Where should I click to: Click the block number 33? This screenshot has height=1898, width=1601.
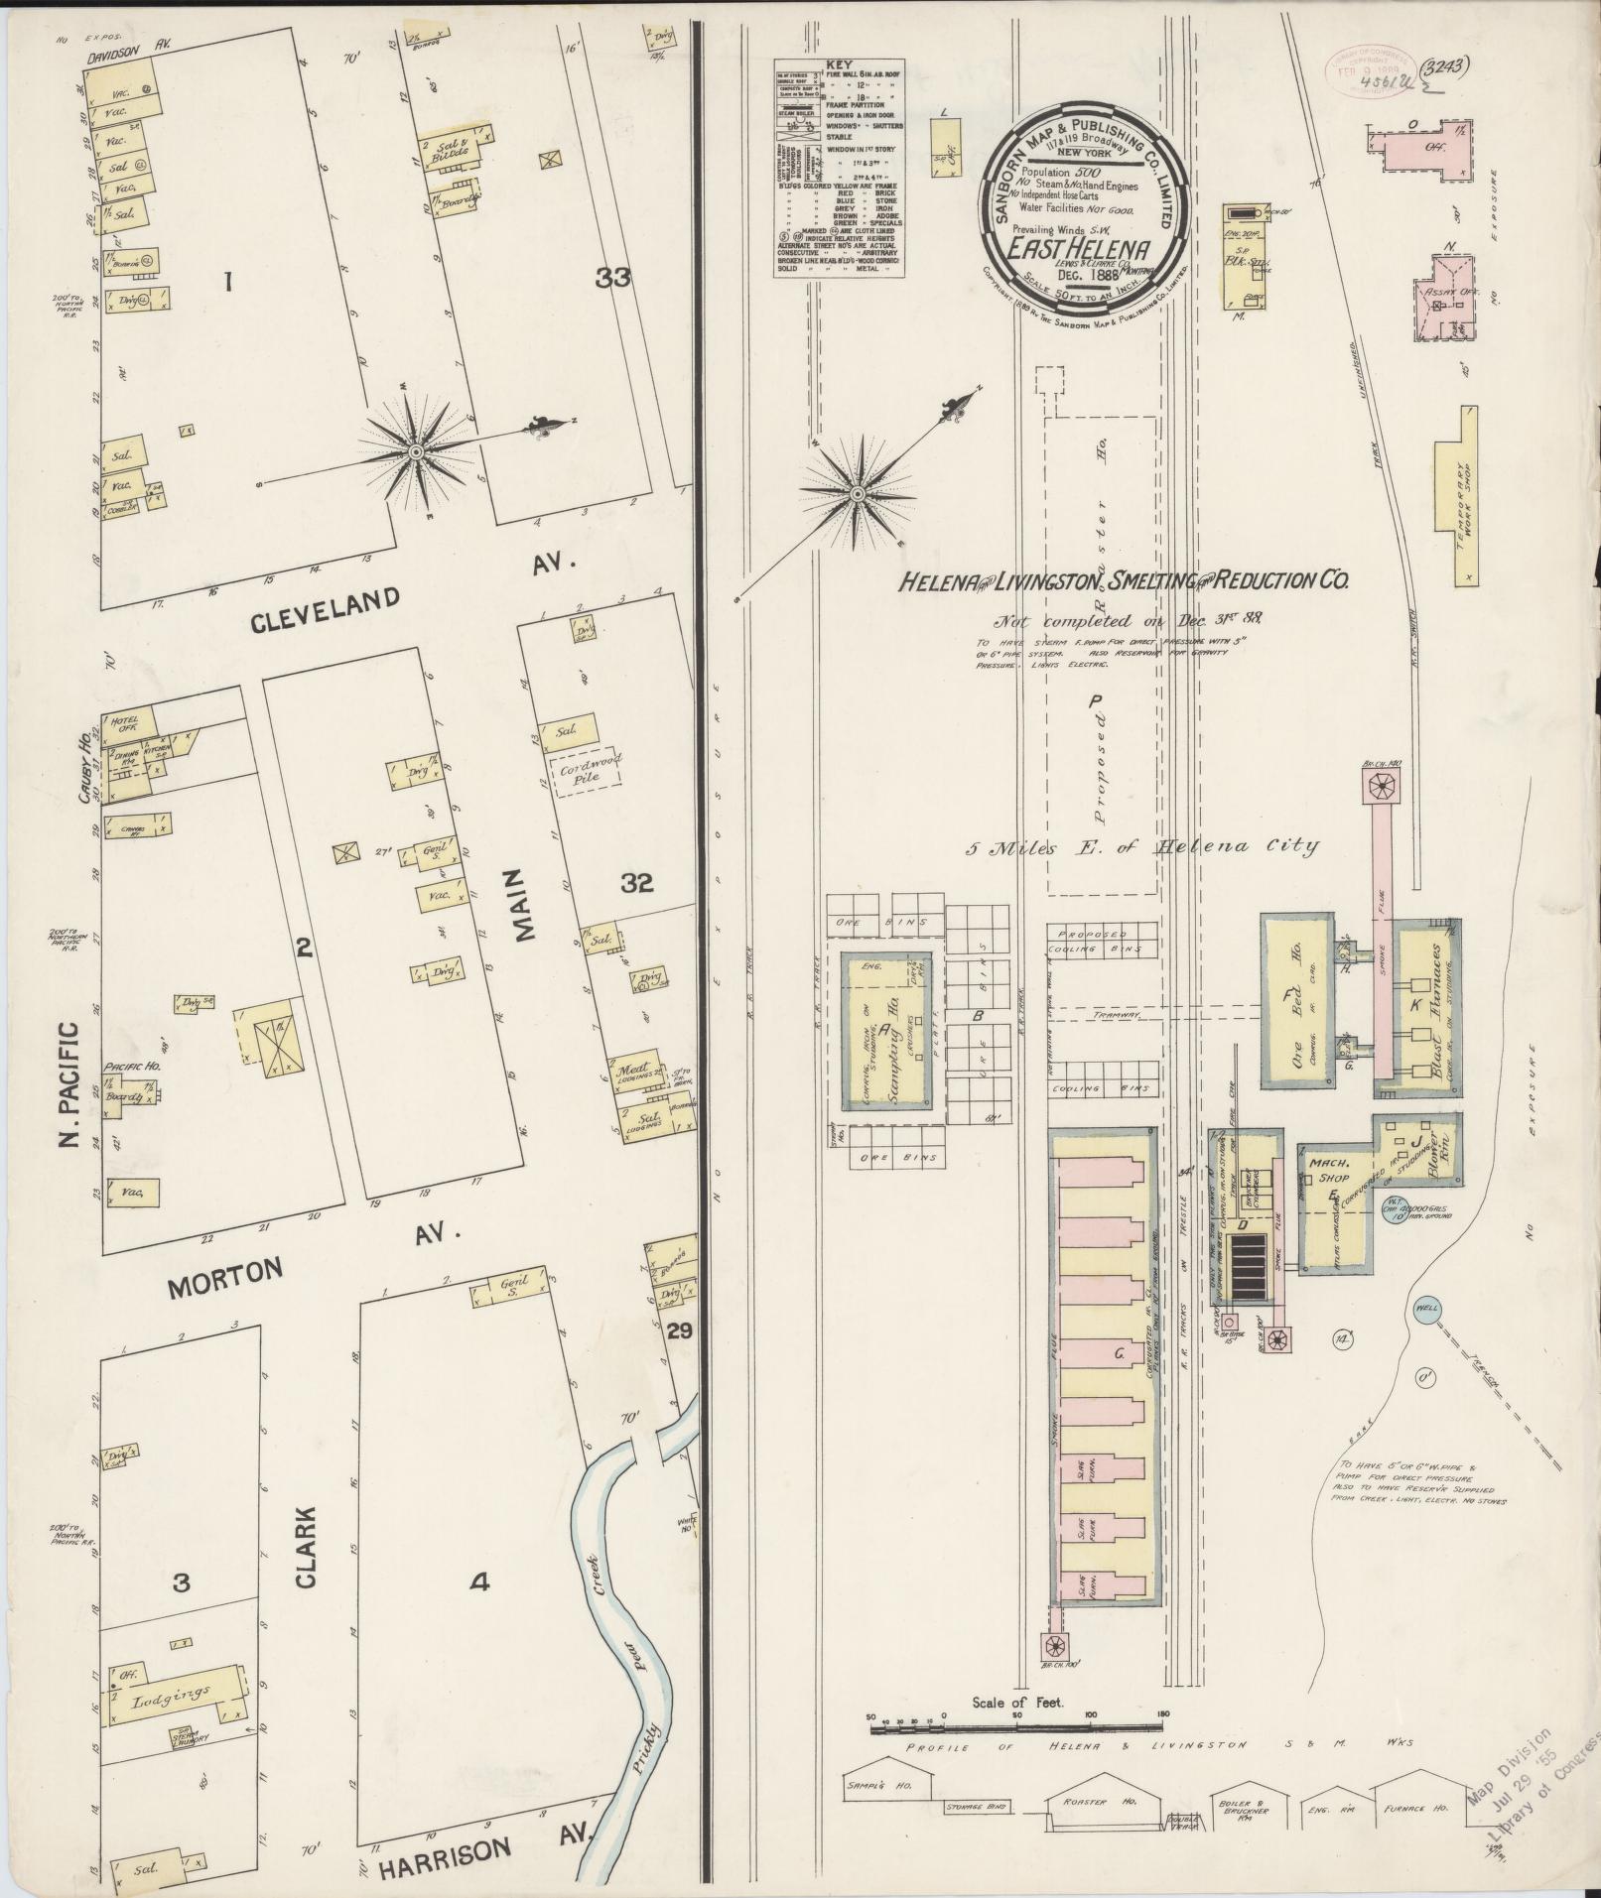[x=612, y=280]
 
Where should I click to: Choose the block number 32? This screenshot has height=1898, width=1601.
[x=636, y=882]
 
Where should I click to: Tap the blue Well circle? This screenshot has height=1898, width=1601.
[x=1427, y=1307]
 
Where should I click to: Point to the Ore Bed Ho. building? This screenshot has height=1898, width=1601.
[x=1294, y=1000]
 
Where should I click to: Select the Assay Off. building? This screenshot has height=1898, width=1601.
[x=1446, y=295]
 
